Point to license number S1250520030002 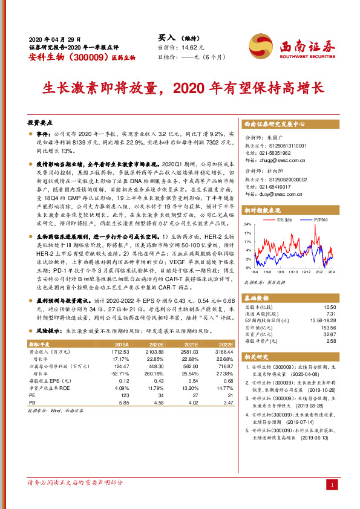pos(284,179)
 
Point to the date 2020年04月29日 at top pos(55,38)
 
